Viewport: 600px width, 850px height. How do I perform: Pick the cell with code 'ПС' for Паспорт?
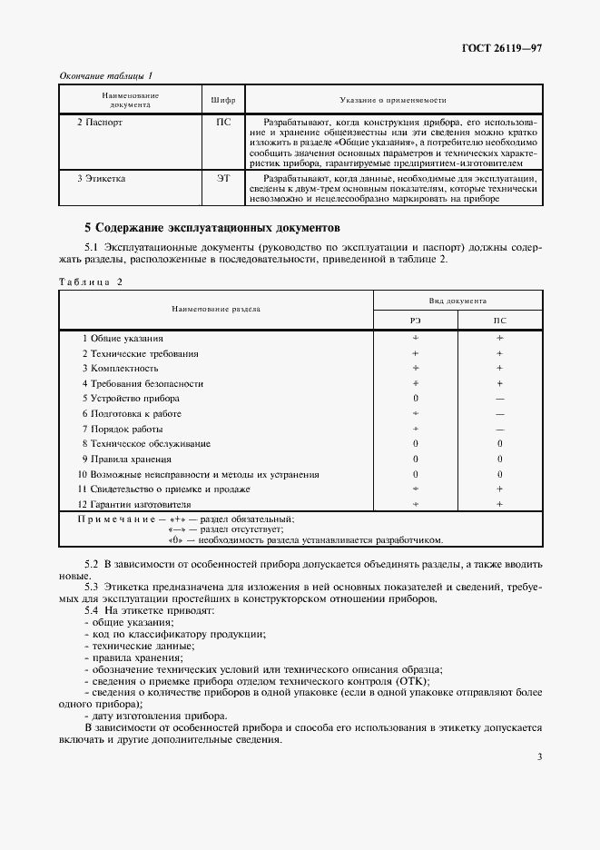point(223,121)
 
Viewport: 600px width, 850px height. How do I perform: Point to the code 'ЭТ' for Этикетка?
point(223,179)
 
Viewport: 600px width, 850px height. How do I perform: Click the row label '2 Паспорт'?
point(100,121)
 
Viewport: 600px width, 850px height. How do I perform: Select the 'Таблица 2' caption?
point(90,282)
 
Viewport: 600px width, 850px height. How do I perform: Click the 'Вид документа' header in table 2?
point(457,300)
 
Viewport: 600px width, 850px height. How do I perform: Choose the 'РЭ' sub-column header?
point(415,320)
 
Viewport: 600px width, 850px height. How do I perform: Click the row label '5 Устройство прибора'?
point(131,399)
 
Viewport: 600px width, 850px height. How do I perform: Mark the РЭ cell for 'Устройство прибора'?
point(415,399)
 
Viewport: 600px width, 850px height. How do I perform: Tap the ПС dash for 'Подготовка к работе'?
point(499,414)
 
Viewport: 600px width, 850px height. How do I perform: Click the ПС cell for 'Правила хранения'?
point(499,459)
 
